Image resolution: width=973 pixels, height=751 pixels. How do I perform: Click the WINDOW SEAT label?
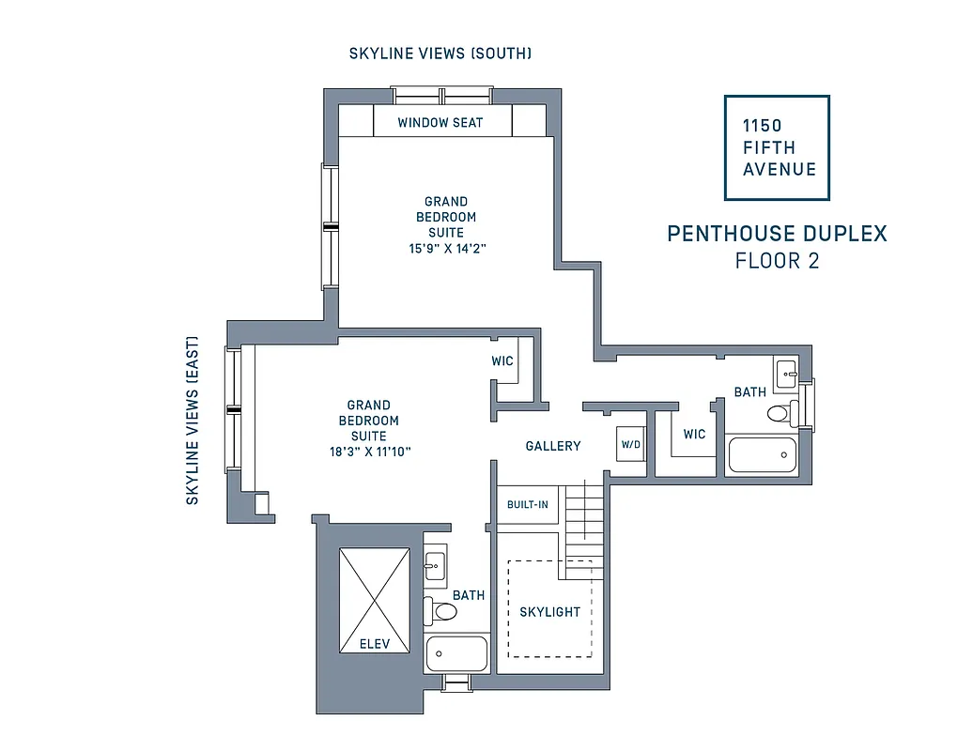tap(440, 122)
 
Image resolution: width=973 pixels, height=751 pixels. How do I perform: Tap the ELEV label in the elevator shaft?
tap(374, 644)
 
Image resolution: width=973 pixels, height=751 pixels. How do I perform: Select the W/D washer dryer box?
tap(630, 444)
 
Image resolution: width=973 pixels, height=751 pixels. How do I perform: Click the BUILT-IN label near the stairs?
tap(527, 505)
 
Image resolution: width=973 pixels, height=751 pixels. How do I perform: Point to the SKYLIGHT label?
tap(550, 612)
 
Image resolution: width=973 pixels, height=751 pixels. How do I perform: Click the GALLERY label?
tap(553, 446)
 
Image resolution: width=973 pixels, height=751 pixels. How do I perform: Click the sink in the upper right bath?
tap(785, 369)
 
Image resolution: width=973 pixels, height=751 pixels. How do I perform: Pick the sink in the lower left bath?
tap(435, 563)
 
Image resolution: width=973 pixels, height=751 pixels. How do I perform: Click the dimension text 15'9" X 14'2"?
tap(445, 249)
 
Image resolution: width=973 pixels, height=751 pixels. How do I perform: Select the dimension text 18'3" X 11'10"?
tap(369, 452)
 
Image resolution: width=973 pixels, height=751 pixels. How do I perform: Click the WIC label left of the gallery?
tap(502, 361)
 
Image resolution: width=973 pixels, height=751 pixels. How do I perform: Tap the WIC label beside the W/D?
tap(694, 434)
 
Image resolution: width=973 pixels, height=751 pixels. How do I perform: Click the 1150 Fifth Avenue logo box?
tap(777, 147)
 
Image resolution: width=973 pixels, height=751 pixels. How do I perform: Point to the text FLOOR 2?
tap(777, 261)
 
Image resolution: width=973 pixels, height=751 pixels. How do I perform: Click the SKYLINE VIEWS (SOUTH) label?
tap(440, 54)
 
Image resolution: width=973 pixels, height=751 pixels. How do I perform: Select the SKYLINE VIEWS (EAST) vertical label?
tap(193, 421)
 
